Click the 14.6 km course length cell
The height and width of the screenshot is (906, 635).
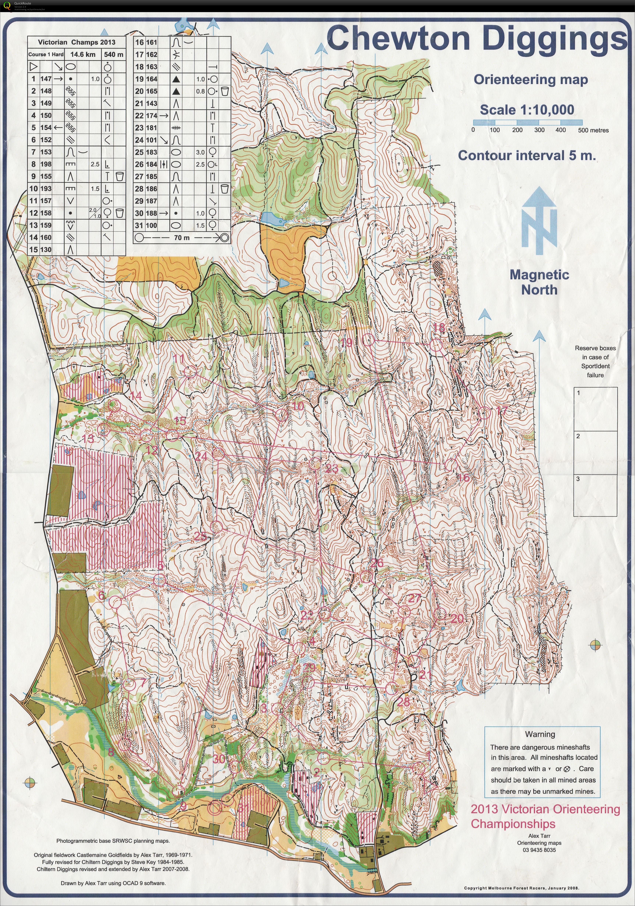pyautogui.click(x=83, y=54)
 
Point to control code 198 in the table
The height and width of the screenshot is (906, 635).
pyautogui.click(x=46, y=164)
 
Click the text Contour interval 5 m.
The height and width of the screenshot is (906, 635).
pyautogui.click(x=526, y=156)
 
